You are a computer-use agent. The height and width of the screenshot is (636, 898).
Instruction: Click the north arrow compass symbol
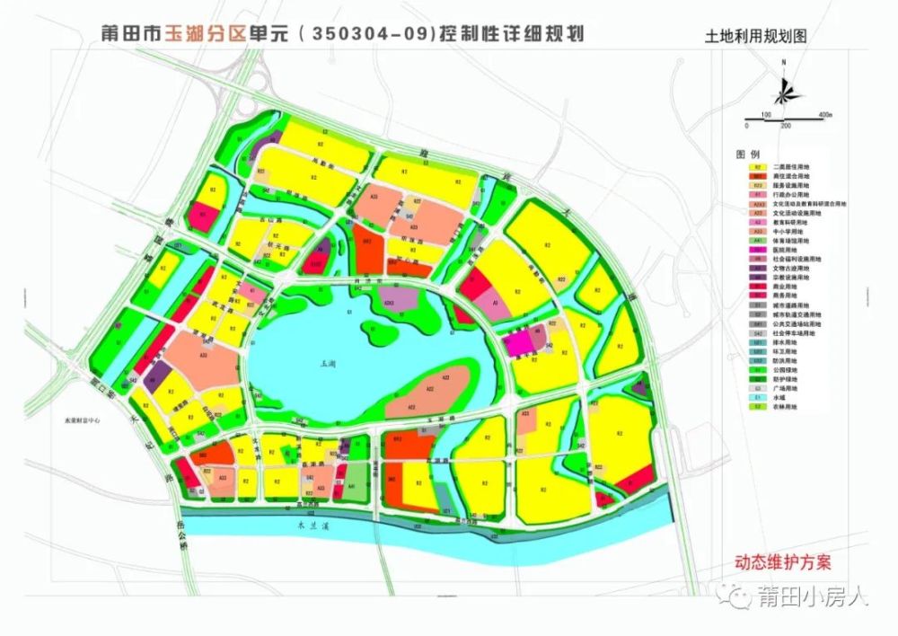pos(784,87)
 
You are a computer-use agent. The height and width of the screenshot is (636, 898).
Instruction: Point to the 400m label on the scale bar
pos(826,116)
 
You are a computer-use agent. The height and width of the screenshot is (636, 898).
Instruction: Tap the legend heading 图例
pos(748,155)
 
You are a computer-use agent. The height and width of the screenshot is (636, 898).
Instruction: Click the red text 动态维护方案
pos(783,563)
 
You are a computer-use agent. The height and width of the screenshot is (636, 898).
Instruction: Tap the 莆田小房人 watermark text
pos(813,597)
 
